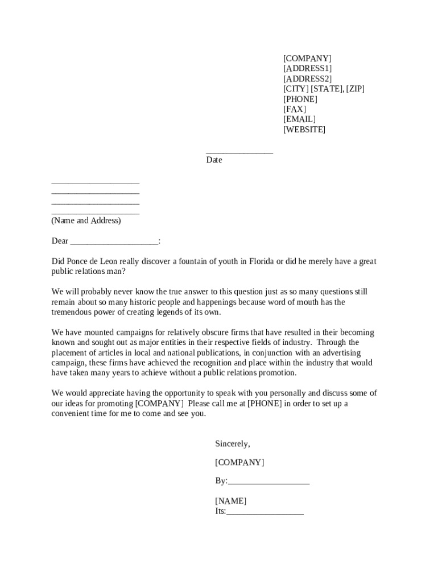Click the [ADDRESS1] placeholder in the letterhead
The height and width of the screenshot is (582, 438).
pos(307,69)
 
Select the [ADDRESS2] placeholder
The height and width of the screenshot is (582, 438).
pos(307,79)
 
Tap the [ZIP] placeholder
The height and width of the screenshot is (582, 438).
pos(355,89)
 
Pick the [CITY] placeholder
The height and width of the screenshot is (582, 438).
pos(296,89)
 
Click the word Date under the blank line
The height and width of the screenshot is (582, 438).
pos(214,160)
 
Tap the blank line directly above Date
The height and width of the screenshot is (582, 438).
pos(239,152)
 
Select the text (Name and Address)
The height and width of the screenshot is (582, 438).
pos(86,221)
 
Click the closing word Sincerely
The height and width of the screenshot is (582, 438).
pos(232,444)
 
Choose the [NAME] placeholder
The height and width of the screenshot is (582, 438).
pos(230,501)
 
